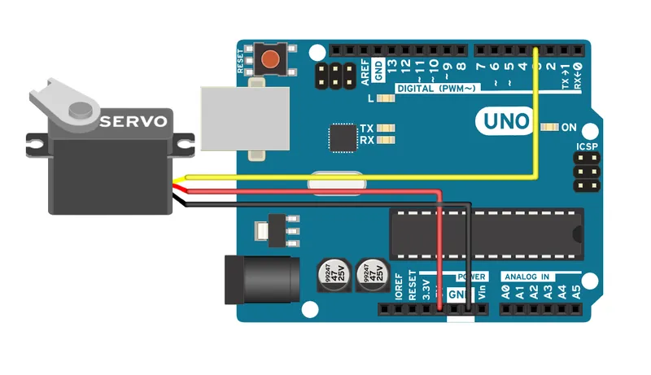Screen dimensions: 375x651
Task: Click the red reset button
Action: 269,59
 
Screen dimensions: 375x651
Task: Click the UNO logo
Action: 505,122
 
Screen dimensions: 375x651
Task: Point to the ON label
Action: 569,128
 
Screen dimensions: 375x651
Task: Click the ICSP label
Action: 587,147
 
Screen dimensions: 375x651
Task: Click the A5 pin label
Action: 577,291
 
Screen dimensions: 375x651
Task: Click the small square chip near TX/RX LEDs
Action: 342,138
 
